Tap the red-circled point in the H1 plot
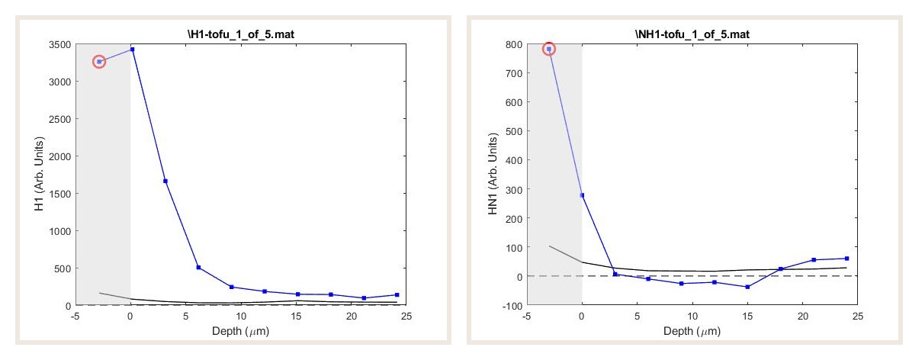(99, 61)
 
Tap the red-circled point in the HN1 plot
(549, 49)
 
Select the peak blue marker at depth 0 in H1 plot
(132, 50)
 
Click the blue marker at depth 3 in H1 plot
(165, 181)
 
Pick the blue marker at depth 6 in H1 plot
(198, 267)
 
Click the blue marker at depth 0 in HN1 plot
(582, 195)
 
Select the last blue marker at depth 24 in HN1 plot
(846, 259)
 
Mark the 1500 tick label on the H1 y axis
(65, 194)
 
